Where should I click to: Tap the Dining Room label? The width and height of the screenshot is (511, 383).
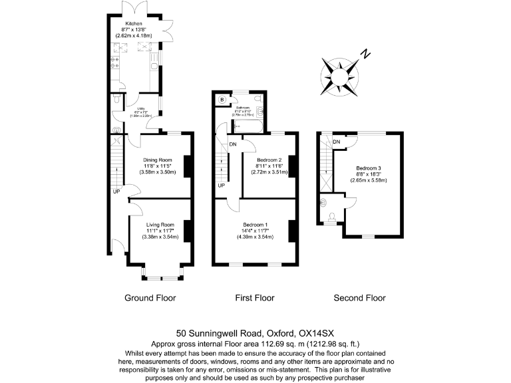(x=158, y=160)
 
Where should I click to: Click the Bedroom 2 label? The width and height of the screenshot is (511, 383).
(x=270, y=160)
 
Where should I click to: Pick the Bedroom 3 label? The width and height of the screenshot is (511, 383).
(x=371, y=168)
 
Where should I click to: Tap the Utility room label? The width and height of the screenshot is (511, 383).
(x=140, y=108)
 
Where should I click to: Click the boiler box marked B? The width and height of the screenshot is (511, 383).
(x=222, y=100)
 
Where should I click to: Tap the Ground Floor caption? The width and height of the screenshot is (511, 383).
(x=150, y=298)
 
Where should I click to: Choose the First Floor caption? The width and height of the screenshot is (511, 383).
(x=255, y=298)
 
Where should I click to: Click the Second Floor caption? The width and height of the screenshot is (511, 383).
(x=359, y=298)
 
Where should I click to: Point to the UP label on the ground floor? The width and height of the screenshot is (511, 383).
(x=116, y=193)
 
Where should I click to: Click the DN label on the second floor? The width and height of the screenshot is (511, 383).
(x=337, y=142)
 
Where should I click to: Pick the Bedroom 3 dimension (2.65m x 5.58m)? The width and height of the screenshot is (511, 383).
(x=371, y=180)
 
